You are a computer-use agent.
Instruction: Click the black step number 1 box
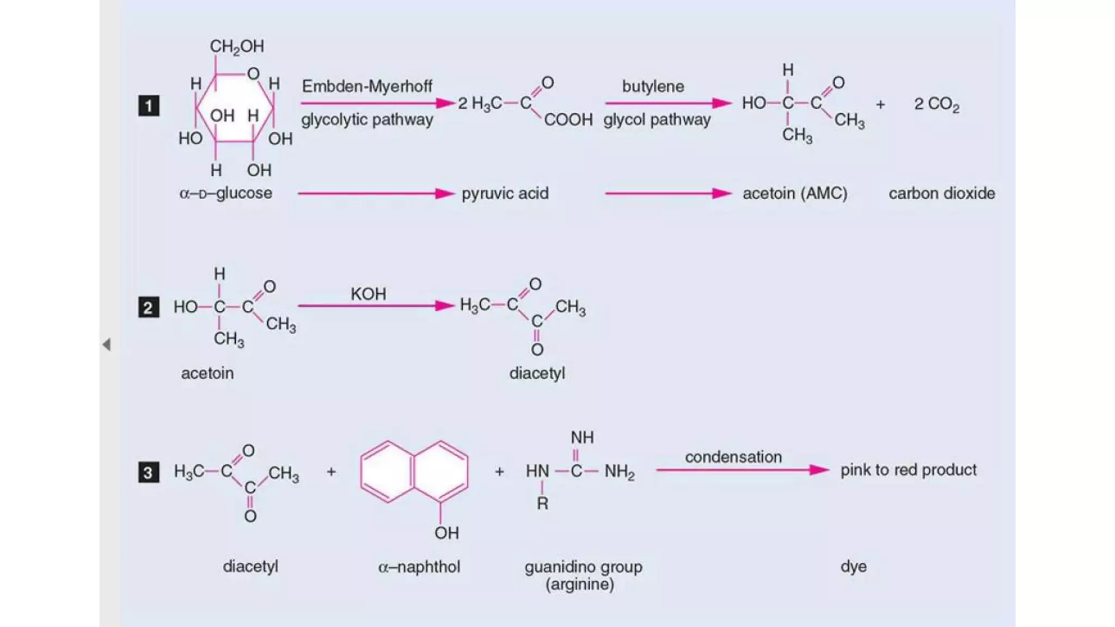tap(149, 106)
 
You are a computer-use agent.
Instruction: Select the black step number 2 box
tap(148, 308)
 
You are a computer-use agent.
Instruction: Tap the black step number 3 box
tap(148, 472)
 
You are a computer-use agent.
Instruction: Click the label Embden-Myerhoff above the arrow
tap(367, 86)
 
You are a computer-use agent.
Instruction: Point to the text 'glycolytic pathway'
tap(367, 120)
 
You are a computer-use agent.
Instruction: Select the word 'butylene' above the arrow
tap(653, 86)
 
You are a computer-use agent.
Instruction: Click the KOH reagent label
tap(368, 294)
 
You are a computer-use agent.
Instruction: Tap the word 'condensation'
tap(733, 457)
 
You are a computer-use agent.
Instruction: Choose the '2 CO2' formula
tap(936, 104)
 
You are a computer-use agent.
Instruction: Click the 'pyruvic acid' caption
tap(505, 193)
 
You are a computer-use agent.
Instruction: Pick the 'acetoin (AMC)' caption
tap(795, 193)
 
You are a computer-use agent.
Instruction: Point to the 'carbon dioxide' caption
tap(942, 193)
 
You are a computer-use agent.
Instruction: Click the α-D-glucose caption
tap(225, 193)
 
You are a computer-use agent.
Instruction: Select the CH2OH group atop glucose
tap(237, 47)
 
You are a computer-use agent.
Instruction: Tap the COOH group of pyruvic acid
tap(568, 120)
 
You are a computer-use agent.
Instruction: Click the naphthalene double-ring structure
tap(414, 471)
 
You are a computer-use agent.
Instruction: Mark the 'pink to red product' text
tap(908, 470)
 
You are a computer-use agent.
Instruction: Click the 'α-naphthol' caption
tap(419, 567)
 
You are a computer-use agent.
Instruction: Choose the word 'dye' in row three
tap(853, 566)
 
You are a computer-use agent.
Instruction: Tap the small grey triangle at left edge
tap(107, 345)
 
